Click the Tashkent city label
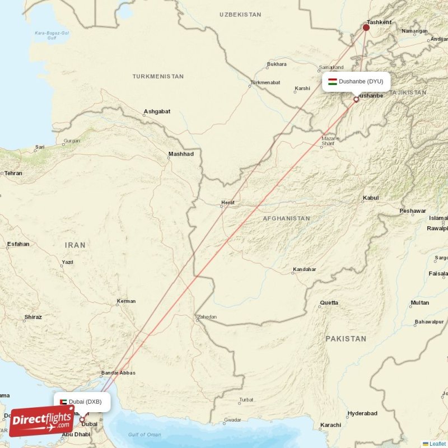380,22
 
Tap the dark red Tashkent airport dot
366,27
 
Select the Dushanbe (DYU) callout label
356,81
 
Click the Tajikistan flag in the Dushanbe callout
332,81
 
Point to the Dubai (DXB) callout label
82,402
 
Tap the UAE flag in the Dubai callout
64,402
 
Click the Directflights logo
41,421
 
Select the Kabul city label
371,198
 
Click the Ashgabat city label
157,111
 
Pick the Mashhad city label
181,154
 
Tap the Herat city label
228,202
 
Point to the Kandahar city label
304,269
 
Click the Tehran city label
13,173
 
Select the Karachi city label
330,425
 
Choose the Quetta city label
329,303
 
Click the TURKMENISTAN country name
158,76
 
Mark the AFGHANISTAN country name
286,218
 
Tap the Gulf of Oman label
144,435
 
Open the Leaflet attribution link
437,444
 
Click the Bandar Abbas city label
118,373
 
